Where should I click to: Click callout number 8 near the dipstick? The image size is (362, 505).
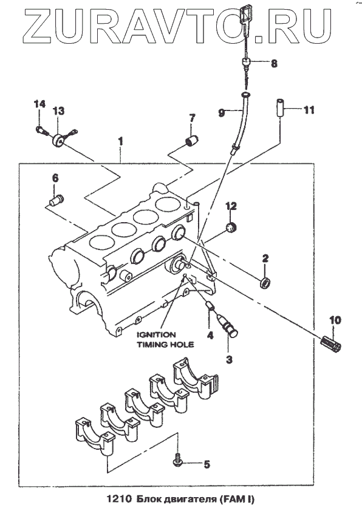[x=274, y=63]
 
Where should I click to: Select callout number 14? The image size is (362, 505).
[x=39, y=104]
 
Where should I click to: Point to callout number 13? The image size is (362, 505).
[x=59, y=111]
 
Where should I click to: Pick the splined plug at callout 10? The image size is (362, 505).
[x=331, y=344]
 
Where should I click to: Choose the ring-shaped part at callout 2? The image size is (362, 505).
[x=265, y=282]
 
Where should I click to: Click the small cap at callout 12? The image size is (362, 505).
[x=231, y=226]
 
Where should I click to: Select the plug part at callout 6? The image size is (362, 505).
[x=56, y=200]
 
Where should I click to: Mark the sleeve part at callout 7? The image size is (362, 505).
[x=191, y=140]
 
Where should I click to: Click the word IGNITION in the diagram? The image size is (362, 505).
[x=156, y=334]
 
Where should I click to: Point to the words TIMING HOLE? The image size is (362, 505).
[x=165, y=345]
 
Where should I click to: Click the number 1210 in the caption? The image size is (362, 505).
[x=119, y=499]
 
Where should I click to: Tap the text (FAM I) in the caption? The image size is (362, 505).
[x=237, y=499]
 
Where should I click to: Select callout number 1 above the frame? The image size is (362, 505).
[x=120, y=141]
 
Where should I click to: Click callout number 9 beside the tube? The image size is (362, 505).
[x=222, y=113]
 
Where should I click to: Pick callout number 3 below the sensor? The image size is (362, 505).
[x=229, y=359]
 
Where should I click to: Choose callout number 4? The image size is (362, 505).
[x=210, y=335]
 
